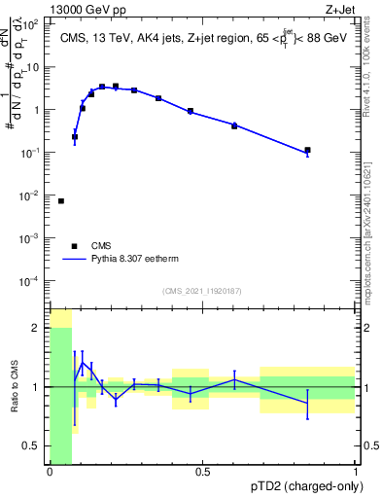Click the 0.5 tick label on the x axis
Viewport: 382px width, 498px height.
pos(202,473)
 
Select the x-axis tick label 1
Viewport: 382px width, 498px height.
pos(356,473)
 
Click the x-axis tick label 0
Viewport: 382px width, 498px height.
pos(50,473)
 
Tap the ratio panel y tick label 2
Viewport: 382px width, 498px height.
pos(36,328)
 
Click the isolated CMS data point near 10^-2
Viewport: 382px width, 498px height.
pos(61,201)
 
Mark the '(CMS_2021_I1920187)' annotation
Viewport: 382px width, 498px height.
pos(202,290)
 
